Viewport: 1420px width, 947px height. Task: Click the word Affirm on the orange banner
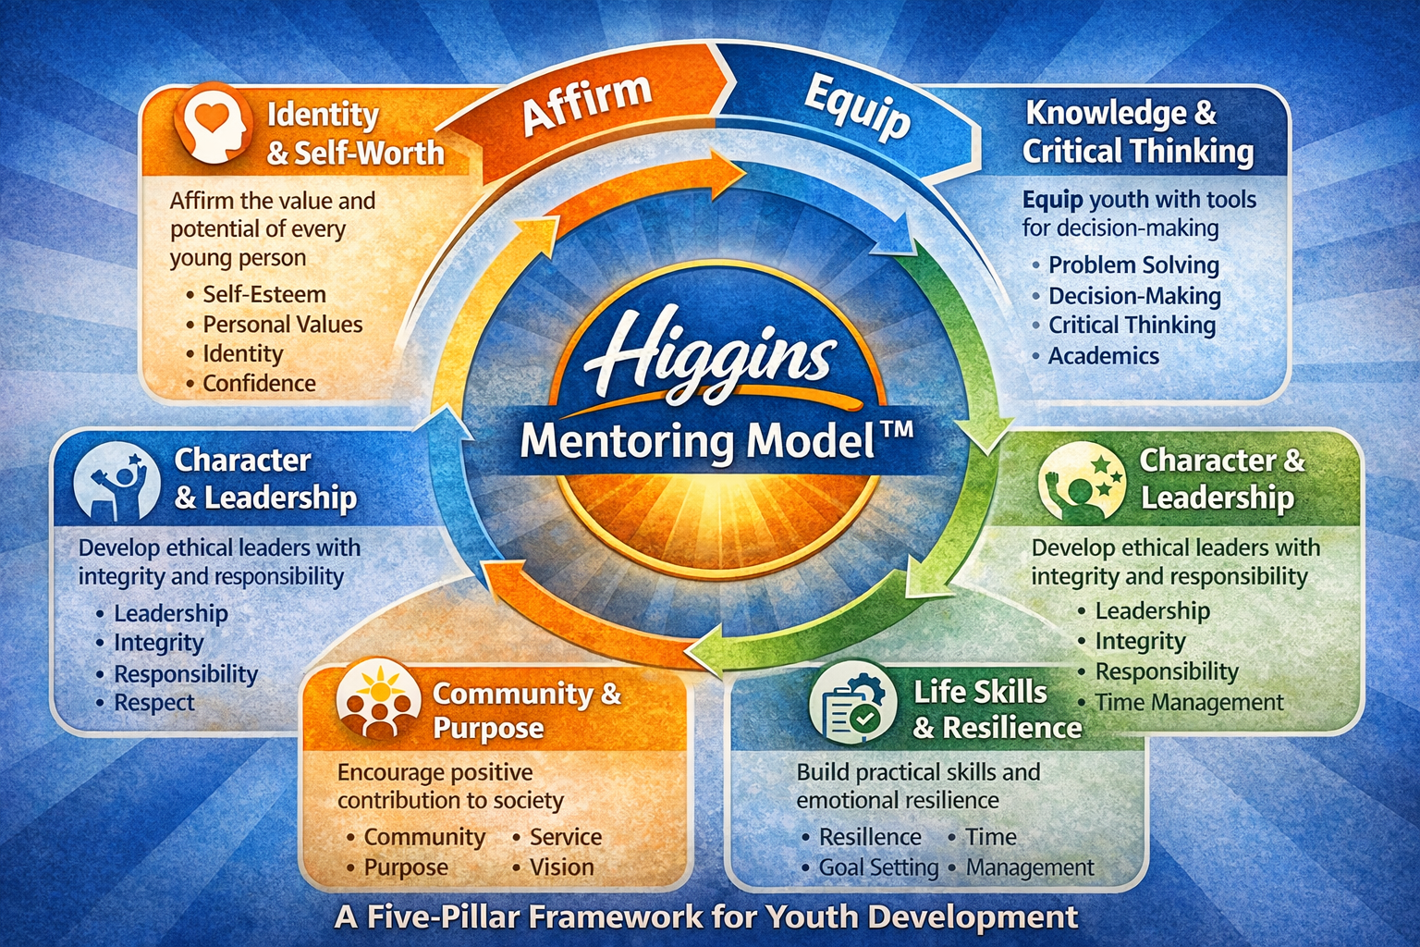586,104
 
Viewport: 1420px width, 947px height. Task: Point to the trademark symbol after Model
896,431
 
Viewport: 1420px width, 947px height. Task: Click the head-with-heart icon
214,125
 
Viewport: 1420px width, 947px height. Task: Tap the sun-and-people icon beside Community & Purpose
375,699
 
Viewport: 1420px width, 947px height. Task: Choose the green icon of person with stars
1081,480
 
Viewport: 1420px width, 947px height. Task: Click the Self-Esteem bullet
264,294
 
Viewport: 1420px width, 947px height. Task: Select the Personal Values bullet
282,325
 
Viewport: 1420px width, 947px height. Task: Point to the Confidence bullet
259,383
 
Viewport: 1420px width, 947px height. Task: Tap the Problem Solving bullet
1133,265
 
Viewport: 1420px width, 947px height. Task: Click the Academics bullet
1103,356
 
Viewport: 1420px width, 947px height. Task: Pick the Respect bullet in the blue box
153,703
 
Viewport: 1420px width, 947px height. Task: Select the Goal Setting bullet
878,867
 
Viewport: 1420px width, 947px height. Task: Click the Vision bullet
561,867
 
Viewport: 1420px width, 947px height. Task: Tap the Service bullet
565,837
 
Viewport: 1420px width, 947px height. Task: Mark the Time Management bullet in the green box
1189,703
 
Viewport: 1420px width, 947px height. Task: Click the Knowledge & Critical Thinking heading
1137,131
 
